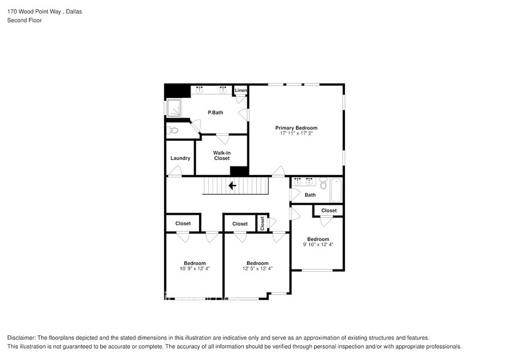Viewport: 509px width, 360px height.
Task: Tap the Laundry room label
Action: pos(180,158)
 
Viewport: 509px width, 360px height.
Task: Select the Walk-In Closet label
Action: pos(222,156)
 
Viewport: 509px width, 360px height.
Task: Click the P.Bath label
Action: pos(215,112)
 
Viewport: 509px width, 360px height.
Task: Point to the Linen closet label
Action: pos(241,91)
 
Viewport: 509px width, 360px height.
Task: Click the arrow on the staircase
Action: pos(233,186)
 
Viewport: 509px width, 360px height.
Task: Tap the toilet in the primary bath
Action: pos(172,130)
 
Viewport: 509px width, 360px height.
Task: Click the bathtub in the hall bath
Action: pos(336,190)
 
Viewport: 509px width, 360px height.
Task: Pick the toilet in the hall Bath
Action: pos(323,182)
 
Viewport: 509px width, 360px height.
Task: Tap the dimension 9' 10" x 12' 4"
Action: pos(318,244)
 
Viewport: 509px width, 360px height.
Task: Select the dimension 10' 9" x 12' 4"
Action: pos(195,268)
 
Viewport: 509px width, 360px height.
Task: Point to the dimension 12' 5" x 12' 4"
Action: pos(257,268)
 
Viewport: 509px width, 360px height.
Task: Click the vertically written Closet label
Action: pos(262,223)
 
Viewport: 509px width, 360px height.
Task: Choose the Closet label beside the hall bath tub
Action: pos(329,211)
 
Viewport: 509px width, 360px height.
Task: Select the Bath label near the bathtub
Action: pos(310,195)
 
